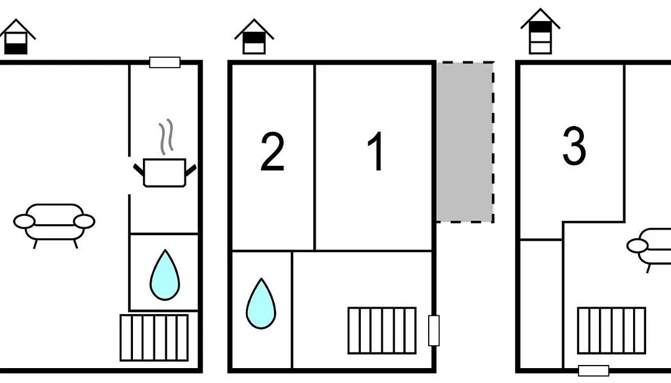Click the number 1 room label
[x=376, y=151]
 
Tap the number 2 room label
[x=273, y=151]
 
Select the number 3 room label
[x=574, y=146]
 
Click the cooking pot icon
[x=165, y=173]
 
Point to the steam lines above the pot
[x=167, y=137]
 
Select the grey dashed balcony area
[x=465, y=142]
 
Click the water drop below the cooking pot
[x=165, y=275]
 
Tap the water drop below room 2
[x=261, y=304]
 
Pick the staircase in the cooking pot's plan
[x=155, y=338]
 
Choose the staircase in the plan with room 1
[x=382, y=330]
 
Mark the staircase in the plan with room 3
[x=611, y=330]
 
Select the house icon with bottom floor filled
[x=17, y=37]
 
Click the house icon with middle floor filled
[x=254, y=37]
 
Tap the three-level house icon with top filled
[x=541, y=31]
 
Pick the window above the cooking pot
[x=165, y=63]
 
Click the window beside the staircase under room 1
[x=434, y=330]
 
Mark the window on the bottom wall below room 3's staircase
[x=593, y=371]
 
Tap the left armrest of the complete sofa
[x=24, y=222]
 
